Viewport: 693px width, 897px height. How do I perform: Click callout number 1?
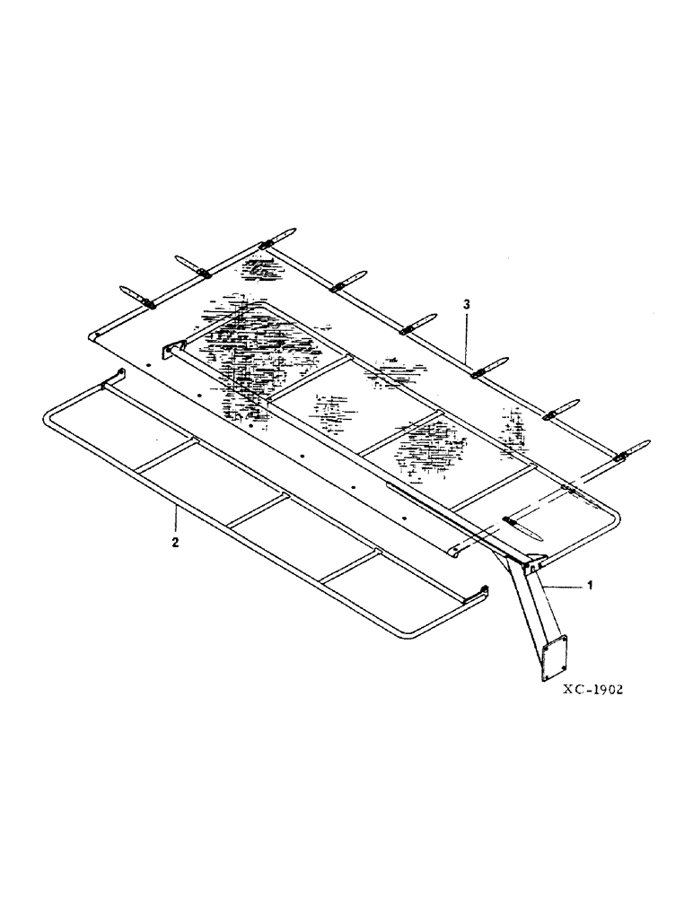click(x=589, y=585)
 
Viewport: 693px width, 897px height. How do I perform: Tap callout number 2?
click(x=176, y=543)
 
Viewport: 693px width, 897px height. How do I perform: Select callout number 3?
click(x=466, y=306)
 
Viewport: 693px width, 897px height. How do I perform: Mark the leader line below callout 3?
click(x=466, y=336)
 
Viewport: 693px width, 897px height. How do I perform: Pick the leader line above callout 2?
click(x=176, y=520)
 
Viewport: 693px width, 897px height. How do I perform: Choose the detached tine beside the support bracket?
click(x=525, y=526)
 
